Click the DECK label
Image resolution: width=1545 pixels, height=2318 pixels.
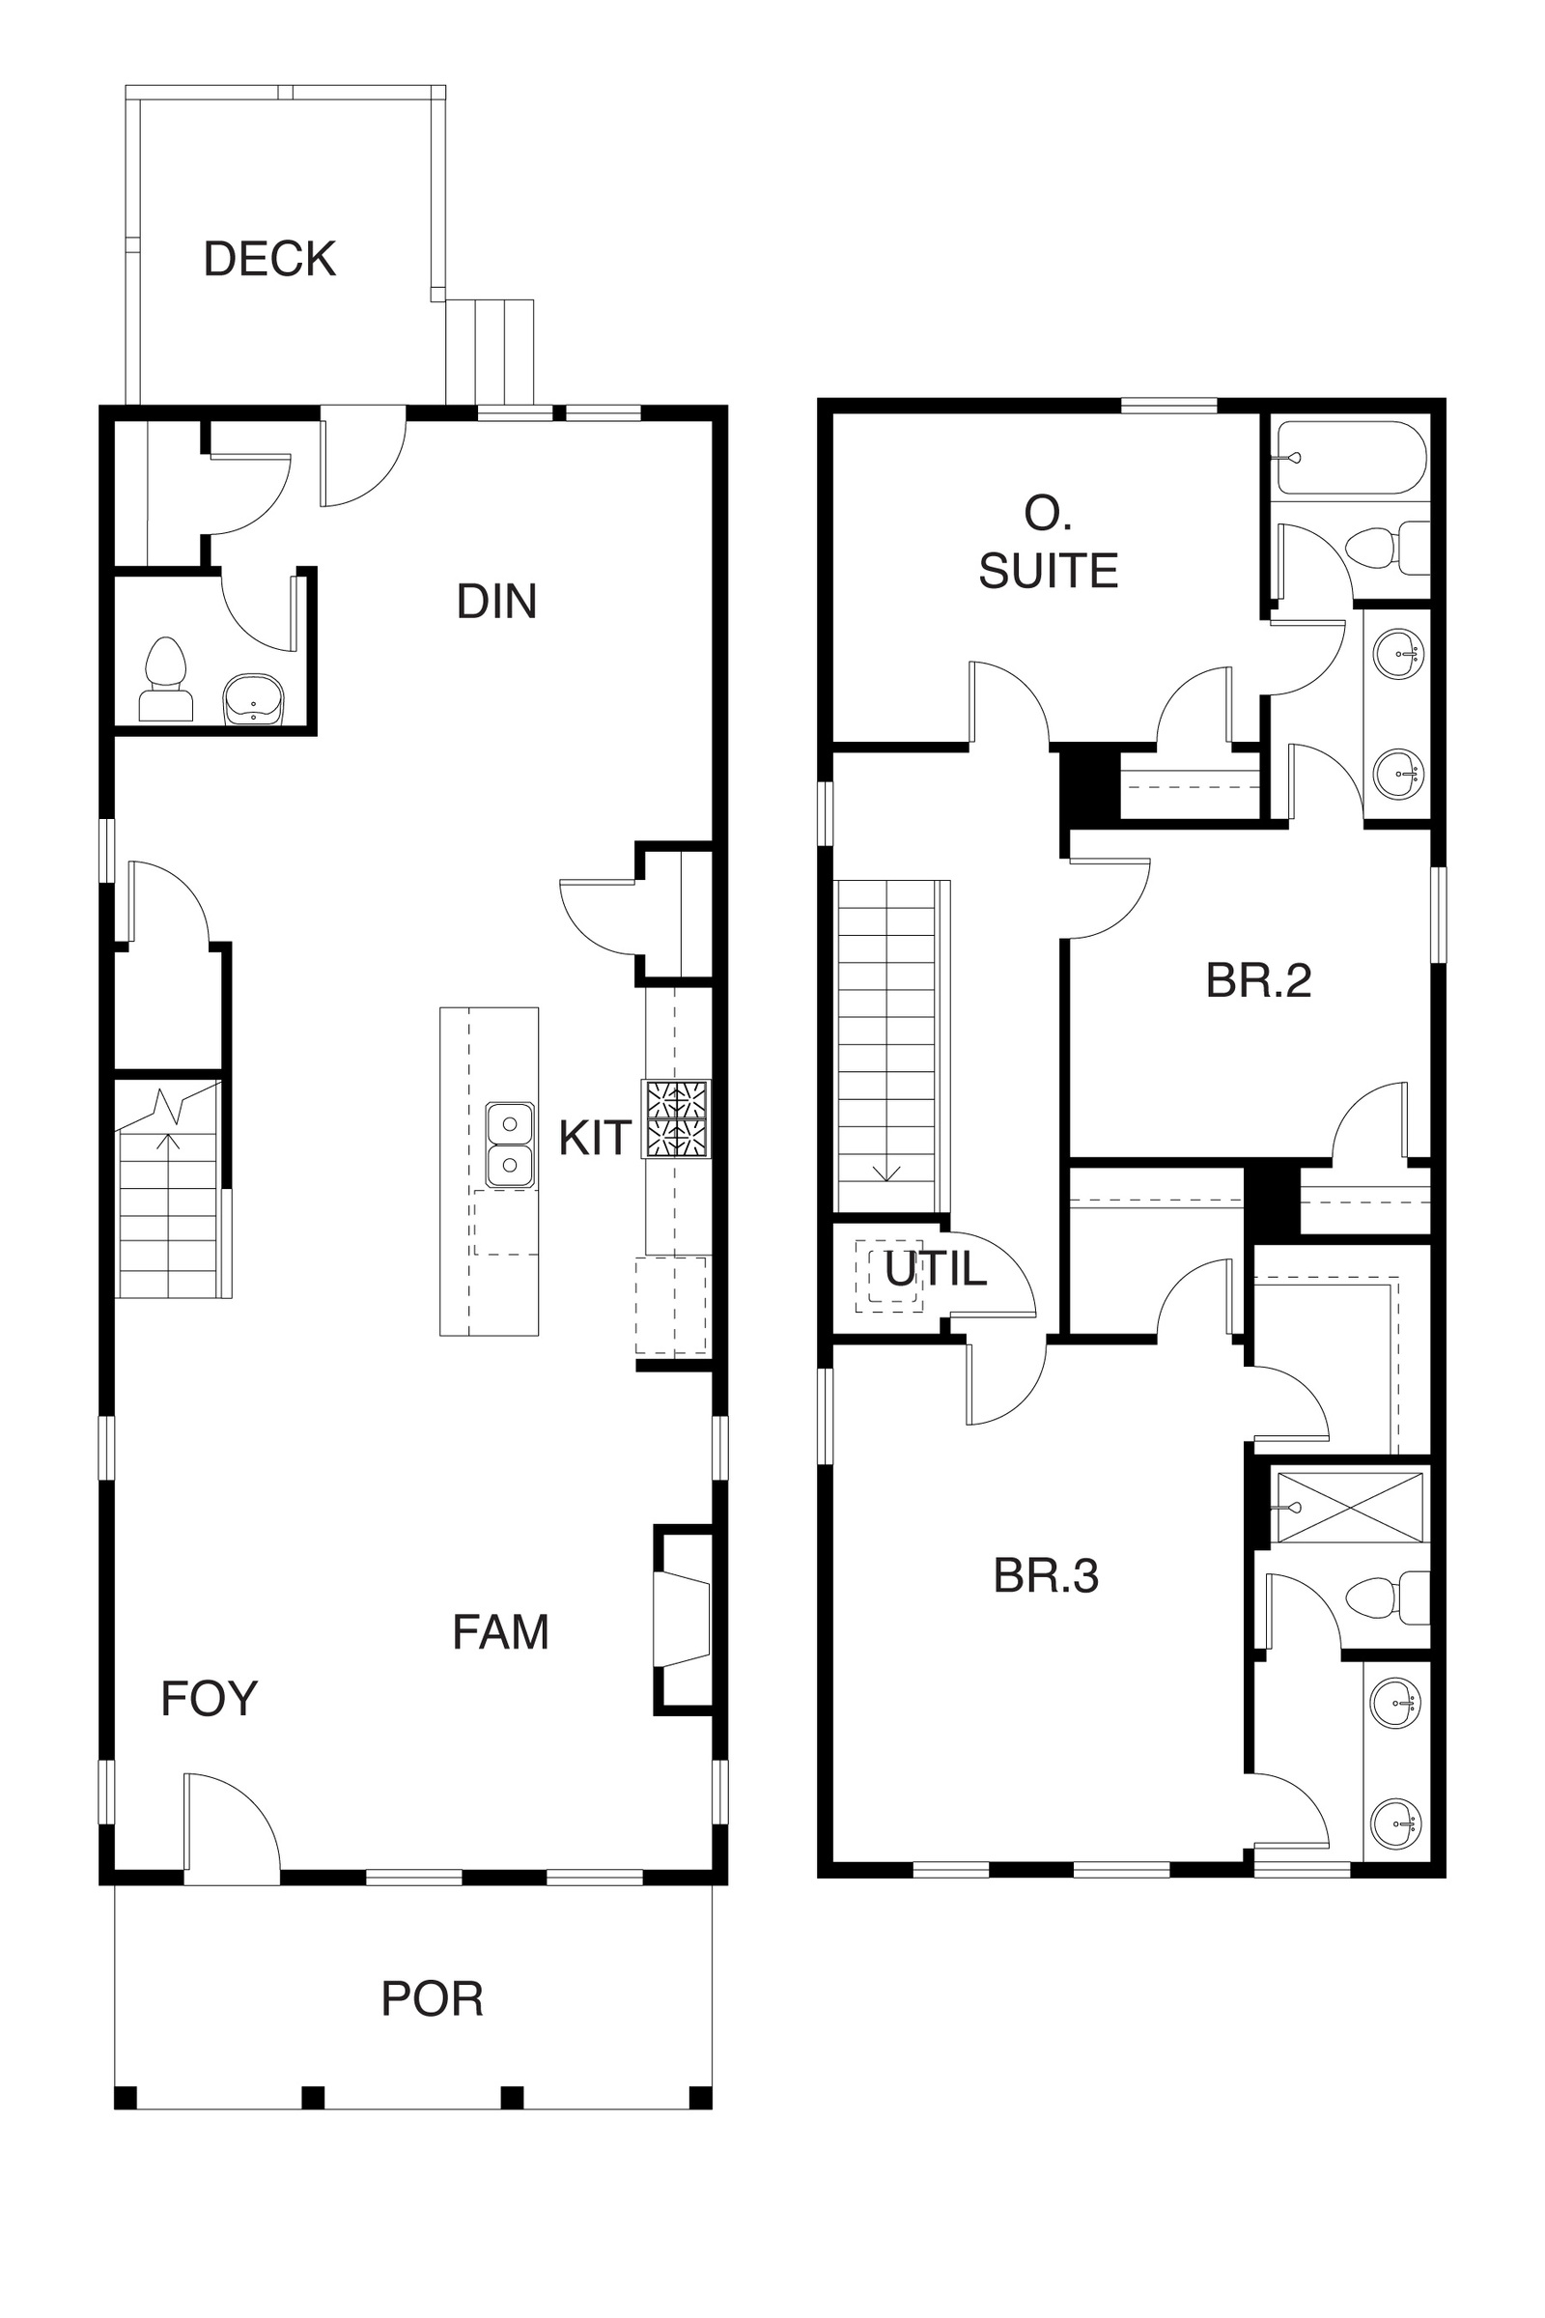pos(270,259)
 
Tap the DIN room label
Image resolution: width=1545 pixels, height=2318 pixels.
pos(496,601)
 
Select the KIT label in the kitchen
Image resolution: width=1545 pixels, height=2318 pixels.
pos(594,1139)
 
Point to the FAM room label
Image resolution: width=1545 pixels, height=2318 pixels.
pos(500,1632)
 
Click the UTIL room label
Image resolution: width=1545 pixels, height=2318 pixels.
pos(935,1269)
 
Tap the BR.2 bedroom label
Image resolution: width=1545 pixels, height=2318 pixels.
pos(1258,980)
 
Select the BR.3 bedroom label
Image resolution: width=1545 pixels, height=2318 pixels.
pos(1046,1576)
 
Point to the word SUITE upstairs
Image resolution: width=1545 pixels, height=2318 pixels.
pos(1049,571)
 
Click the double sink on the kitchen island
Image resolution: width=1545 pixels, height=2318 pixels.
pos(511,1145)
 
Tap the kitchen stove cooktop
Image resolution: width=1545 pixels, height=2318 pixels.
pos(676,1119)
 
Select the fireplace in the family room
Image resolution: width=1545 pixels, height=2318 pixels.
pos(682,1622)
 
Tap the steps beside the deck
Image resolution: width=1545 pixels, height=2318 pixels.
pos(490,352)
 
